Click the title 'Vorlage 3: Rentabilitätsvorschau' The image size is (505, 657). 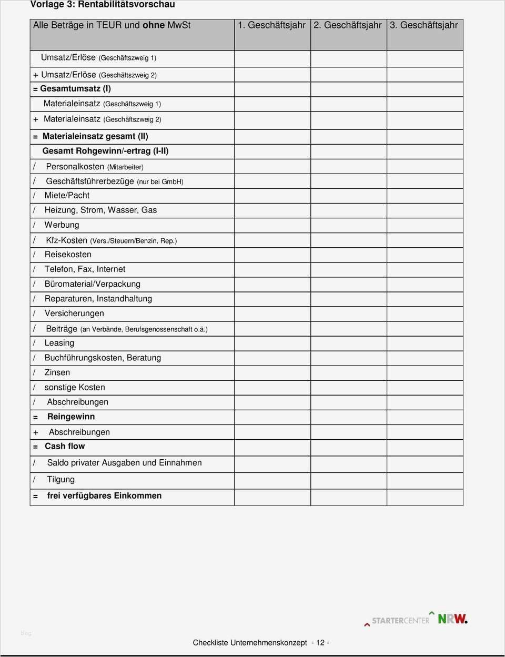(x=103, y=5)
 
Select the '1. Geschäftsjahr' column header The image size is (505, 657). (x=271, y=25)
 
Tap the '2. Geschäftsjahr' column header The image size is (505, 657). (x=348, y=25)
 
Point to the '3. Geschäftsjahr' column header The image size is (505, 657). (x=424, y=25)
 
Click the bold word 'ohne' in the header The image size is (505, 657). (x=154, y=25)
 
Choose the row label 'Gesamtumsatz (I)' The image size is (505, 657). (x=75, y=89)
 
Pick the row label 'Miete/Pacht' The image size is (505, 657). (x=67, y=195)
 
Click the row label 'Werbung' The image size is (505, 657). (x=62, y=225)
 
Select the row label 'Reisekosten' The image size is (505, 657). (x=68, y=254)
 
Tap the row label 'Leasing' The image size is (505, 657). (x=59, y=343)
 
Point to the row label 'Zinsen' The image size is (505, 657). (x=57, y=372)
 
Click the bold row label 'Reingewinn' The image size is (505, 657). (x=71, y=417)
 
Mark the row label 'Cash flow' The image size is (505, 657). (x=65, y=446)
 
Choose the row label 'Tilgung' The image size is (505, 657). (x=61, y=479)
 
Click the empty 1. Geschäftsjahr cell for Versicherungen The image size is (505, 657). (x=272, y=314)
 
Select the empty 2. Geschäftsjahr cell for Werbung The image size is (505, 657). (x=348, y=225)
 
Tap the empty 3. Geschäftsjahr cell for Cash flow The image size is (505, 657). (x=425, y=447)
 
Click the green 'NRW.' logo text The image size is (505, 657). (x=452, y=619)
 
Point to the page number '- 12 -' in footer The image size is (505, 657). (x=320, y=643)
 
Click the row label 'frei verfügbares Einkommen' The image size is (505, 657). (x=104, y=496)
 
